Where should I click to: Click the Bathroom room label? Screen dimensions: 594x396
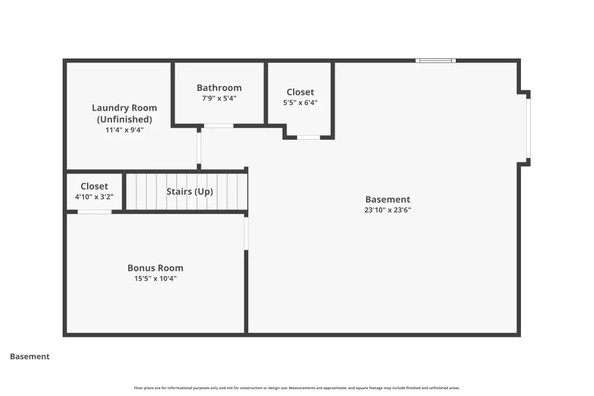(219, 88)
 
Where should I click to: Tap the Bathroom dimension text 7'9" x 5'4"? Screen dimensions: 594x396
(219, 99)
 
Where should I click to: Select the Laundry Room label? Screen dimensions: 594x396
(124, 113)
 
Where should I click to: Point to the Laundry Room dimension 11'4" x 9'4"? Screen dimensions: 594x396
(124, 130)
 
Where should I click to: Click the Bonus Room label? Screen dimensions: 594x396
(155, 268)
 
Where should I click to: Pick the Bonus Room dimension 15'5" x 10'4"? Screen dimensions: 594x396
(155, 279)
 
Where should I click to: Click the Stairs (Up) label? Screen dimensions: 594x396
(190, 191)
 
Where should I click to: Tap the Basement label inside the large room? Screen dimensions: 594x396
(387, 199)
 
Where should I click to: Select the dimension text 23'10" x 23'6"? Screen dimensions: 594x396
(387, 210)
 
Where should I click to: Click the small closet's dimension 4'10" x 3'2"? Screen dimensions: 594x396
(95, 197)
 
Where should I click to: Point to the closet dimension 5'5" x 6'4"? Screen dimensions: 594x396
(300, 103)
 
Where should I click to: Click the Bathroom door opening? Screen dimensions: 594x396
(219, 126)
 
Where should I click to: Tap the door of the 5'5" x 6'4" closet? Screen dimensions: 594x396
(309, 137)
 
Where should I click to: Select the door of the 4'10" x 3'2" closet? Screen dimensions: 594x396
(95, 212)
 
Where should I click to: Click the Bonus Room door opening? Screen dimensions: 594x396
(246, 233)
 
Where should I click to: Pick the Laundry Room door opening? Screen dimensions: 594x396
(199, 148)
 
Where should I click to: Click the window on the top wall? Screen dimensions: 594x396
(436, 60)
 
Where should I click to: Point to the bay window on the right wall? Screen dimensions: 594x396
(528, 128)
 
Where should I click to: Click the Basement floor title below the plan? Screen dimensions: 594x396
(30, 357)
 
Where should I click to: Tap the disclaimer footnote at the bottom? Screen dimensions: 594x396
(297, 388)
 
